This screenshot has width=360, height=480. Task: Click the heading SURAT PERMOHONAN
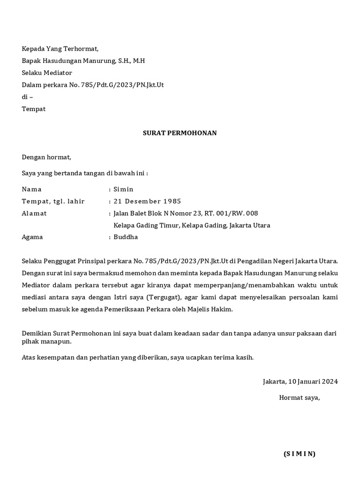click(180, 133)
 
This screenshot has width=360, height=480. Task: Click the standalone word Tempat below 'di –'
click(34, 109)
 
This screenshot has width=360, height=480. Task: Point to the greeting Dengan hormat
click(46, 157)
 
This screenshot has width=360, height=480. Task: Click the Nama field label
click(32, 189)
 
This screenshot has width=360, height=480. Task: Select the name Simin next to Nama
click(123, 189)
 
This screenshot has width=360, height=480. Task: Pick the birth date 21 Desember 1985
click(147, 202)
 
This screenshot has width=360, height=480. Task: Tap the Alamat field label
click(34, 213)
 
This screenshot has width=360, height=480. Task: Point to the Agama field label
click(32, 237)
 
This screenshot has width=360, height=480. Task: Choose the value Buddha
click(126, 237)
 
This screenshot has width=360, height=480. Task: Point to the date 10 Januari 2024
click(314, 382)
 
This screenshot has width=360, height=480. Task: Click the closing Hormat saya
click(299, 397)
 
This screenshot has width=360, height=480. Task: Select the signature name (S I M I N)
click(300, 454)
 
